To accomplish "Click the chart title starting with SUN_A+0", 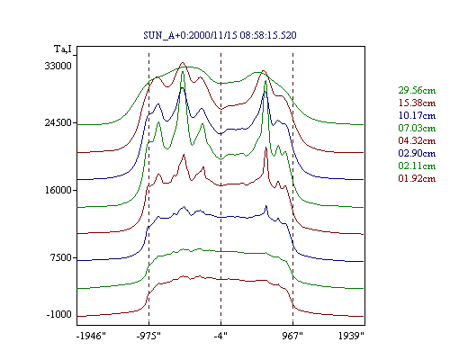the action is pyautogui.click(x=220, y=35).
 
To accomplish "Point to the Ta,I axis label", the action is pyautogui.click(x=63, y=49).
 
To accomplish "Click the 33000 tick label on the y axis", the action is pyautogui.click(x=58, y=66).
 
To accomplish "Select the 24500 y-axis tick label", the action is pyautogui.click(x=58, y=122).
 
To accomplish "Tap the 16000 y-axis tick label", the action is pyautogui.click(x=58, y=190).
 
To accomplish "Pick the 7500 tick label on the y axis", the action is pyautogui.click(x=61, y=257).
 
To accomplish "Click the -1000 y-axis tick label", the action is pyautogui.click(x=59, y=314).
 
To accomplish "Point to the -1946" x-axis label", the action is pyautogui.click(x=92, y=336).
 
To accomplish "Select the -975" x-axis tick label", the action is pyautogui.click(x=148, y=336).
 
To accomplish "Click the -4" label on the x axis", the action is pyautogui.click(x=220, y=336).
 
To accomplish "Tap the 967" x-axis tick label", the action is pyautogui.click(x=292, y=336).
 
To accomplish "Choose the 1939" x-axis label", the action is pyautogui.click(x=351, y=336).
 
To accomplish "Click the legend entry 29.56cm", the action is pyautogui.click(x=417, y=90).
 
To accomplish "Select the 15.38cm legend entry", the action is pyautogui.click(x=417, y=103).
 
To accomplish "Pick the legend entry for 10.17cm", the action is pyautogui.click(x=417, y=115).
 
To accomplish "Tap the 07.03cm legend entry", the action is pyautogui.click(x=417, y=128).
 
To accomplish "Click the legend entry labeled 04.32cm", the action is pyautogui.click(x=417, y=140).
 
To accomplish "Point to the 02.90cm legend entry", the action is pyautogui.click(x=417, y=153).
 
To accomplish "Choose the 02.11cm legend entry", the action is pyautogui.click(x=417, y=166).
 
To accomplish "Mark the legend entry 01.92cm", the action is pyautogui.click(x=417, y=178).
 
